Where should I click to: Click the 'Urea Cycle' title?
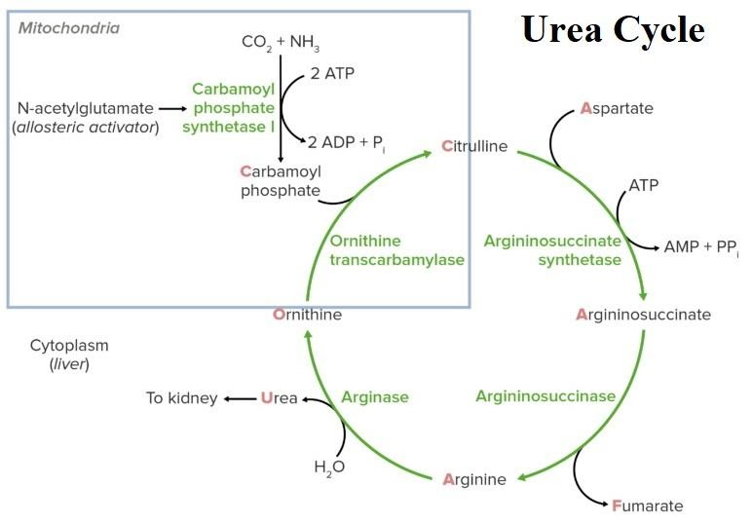coord(613,30)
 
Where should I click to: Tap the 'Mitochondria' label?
coord(69,28)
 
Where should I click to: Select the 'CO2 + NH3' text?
coord(281,43)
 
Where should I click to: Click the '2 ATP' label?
coord(333,73)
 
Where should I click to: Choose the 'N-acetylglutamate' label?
coord(85,108)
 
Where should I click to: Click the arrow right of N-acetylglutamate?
coord(172,108)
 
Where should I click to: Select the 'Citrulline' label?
coord(474,147)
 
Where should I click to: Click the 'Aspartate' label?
coord(617,108)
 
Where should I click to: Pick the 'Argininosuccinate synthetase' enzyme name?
coord(552,250)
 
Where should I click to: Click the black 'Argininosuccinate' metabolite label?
coord(643,315)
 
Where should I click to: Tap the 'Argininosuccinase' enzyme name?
coord(545,395)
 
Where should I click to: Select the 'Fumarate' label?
coord(647,505)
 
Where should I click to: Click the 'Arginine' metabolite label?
coord(474,479)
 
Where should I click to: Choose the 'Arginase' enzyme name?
coord(374,397)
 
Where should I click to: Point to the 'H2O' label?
coord(329,467)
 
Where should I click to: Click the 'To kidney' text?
coord(181,397)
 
